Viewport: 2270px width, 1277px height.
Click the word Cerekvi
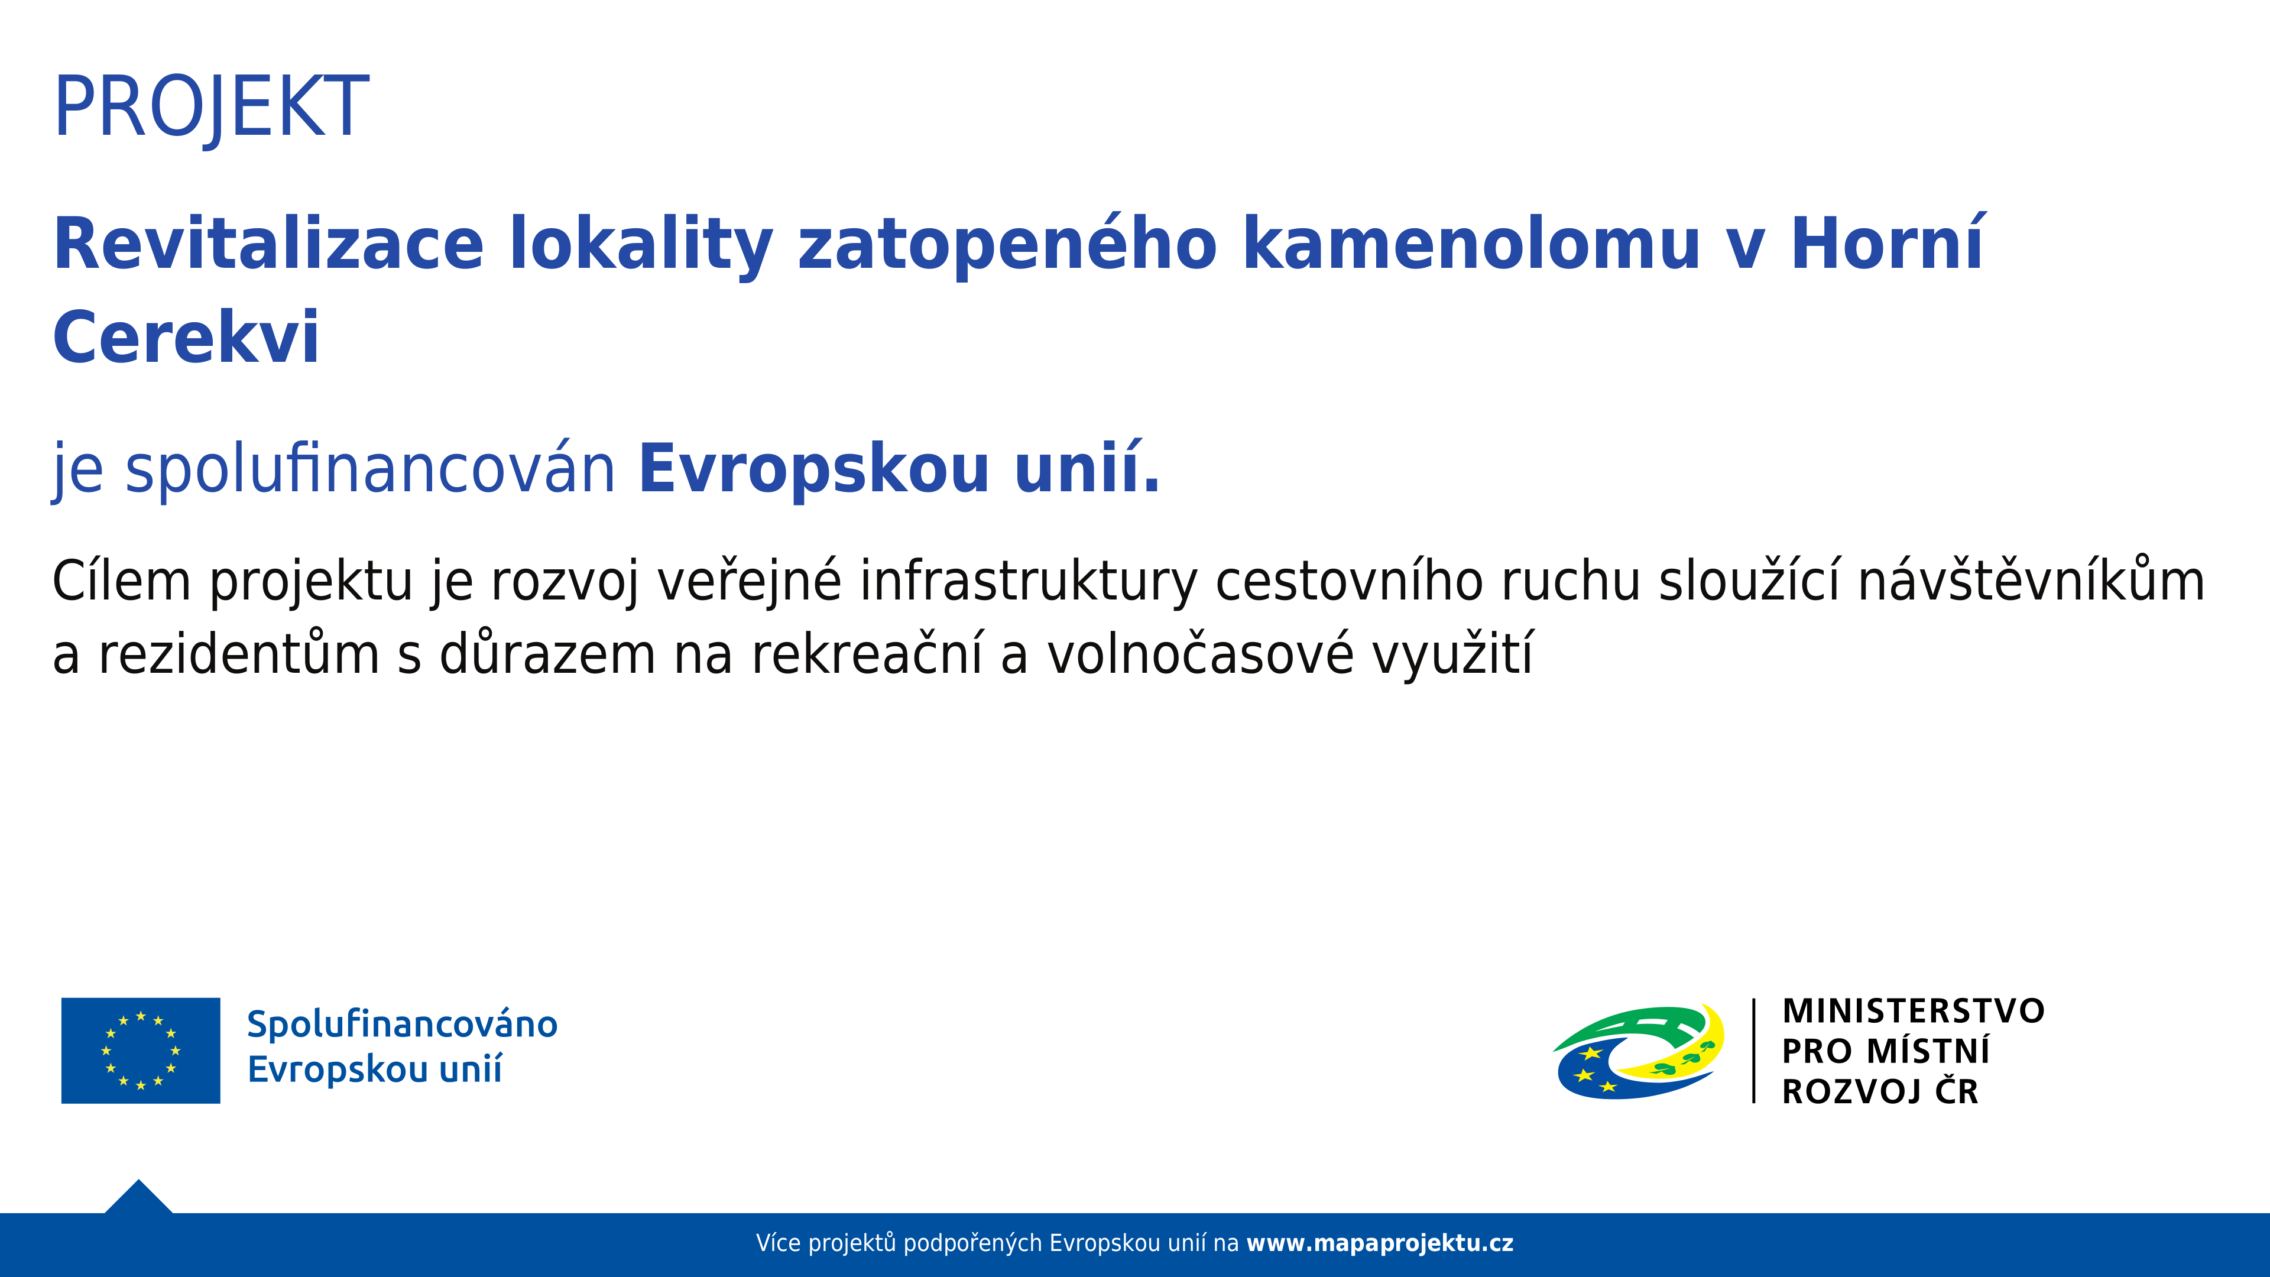coord(186,338)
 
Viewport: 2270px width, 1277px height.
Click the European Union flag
coord(141,1051)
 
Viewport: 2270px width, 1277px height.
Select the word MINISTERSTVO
coord(1913,1011)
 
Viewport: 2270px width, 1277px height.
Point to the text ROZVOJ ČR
coord(1880,1090)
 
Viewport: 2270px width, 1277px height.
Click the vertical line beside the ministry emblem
coord(1753,1051)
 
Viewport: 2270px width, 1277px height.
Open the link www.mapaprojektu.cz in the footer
coord(1379,1243)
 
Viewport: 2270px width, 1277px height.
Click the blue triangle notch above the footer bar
coord(138,1198)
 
